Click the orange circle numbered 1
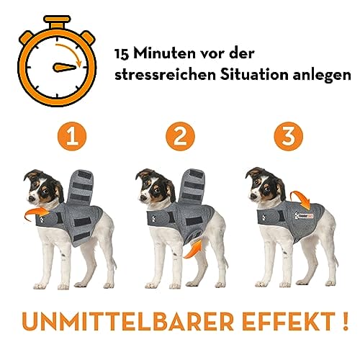tap(71, 138)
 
